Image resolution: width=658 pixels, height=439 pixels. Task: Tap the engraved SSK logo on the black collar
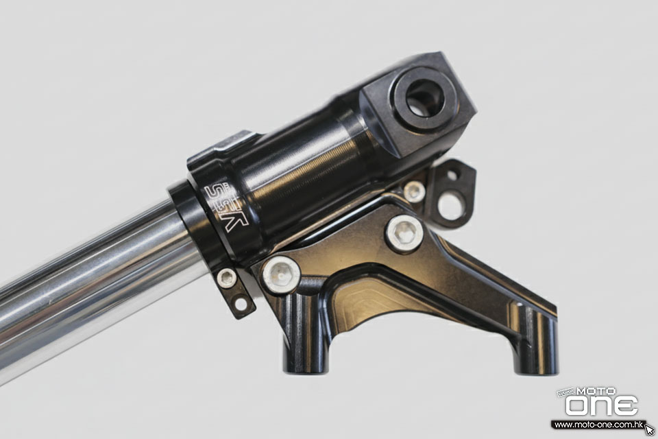click(226, 207)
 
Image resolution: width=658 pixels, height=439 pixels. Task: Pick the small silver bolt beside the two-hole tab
click(414, 191)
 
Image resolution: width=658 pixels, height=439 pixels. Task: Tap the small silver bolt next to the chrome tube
click(227, 278)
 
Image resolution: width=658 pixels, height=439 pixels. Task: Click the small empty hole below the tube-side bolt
click(241, 304)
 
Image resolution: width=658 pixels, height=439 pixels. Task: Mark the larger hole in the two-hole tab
click(450, 207)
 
